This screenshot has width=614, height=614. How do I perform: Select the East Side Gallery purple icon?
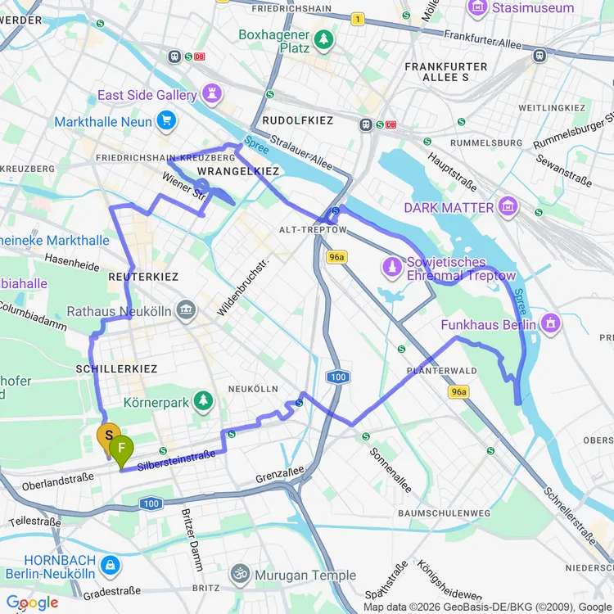click(214, 94)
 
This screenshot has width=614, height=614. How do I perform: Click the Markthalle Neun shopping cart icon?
click(167, 121)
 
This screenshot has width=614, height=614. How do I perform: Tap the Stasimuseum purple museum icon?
click(476, 8)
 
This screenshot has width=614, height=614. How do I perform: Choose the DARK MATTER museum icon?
click(508, 207)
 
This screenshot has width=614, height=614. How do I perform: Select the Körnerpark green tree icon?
click(202, 402)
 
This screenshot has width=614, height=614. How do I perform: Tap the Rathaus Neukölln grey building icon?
click(187, 311)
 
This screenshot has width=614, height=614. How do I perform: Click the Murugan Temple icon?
click(240, 575)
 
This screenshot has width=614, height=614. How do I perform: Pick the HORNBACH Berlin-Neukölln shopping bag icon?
click(111, 564)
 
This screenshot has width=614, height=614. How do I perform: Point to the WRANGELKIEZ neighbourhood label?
click(238, 171)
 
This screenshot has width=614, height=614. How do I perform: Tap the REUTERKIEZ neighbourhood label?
click(143, 277)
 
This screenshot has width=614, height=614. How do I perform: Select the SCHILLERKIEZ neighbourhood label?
click(116, 369)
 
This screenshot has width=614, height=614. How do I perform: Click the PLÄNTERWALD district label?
click(441, 371)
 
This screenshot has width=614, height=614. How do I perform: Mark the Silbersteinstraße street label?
click(177, 460)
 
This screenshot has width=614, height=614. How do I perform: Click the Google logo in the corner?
click(33, 603)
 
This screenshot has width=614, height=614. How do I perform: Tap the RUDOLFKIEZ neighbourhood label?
click(297, 120)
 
